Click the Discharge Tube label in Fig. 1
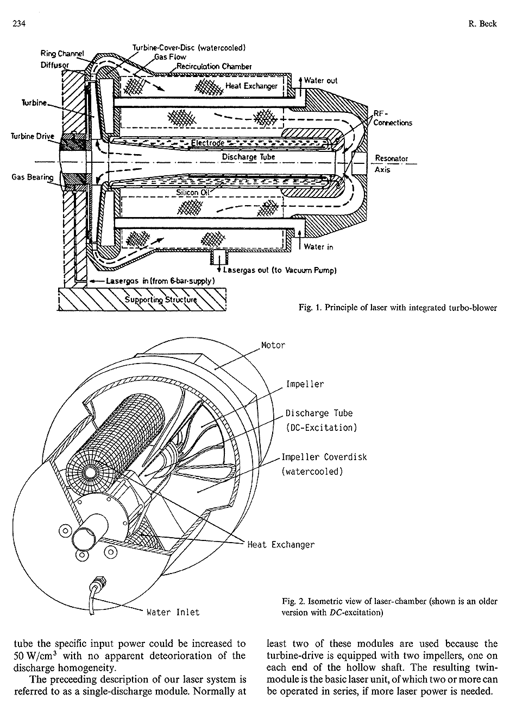(x=248, y=157)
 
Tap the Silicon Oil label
(x=188, y=192)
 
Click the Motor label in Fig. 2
(x=273, y=345)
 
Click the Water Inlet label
(x=173, y=612)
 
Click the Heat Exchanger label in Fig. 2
(x=280, y=544)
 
